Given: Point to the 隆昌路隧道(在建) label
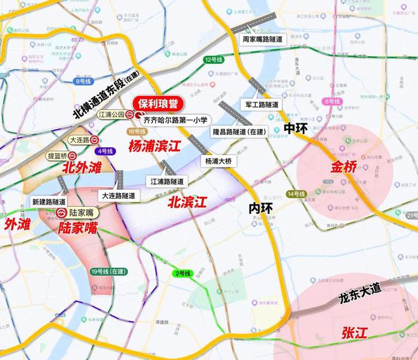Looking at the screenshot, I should click(x=239, y=132).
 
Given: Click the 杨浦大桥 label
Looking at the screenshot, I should click(x=218, y=161).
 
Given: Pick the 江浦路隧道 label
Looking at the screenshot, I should click(x=167, y=181).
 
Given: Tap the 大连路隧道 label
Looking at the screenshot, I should click(x=118, y=196).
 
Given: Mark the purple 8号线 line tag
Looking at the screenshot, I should click(x=83, y=82).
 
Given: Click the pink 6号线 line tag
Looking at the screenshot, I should click(x=331, y=101).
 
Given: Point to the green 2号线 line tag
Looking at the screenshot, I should click(x=181, y=273).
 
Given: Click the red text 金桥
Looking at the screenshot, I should click(x=344, y=168).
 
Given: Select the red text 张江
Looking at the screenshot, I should click(x=355, y=332).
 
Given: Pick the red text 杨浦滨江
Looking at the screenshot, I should click(x=154, y=146).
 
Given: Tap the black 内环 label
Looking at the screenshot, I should click(x=260, y=208).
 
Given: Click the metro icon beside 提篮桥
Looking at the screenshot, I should click(x=72, y=154).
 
